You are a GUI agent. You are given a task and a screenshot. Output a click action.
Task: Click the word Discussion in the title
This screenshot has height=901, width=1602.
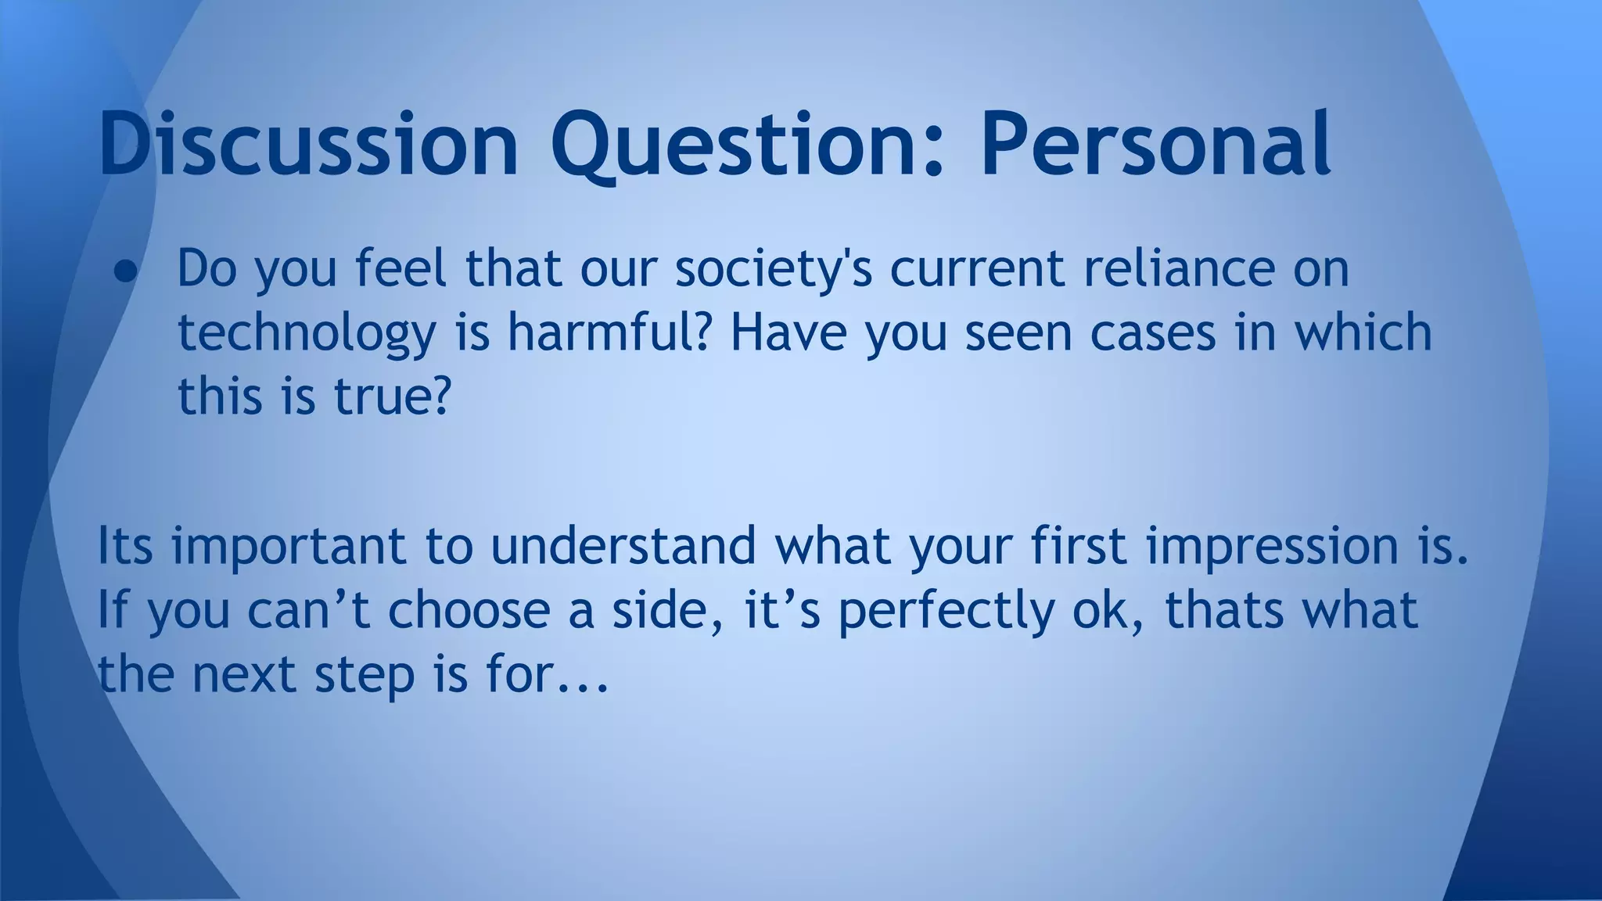(308, 145)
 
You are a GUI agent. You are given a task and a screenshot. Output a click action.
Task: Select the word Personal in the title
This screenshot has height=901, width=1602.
(1155, 145)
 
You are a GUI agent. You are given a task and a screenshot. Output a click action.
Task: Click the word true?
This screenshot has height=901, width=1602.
(393, 396)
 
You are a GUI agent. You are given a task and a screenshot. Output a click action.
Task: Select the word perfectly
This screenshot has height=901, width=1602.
(946, 611)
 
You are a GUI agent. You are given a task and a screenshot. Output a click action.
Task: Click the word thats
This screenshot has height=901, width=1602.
(1224, 611)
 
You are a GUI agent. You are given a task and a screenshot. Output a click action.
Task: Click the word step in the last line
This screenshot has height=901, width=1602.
(365, 675)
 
